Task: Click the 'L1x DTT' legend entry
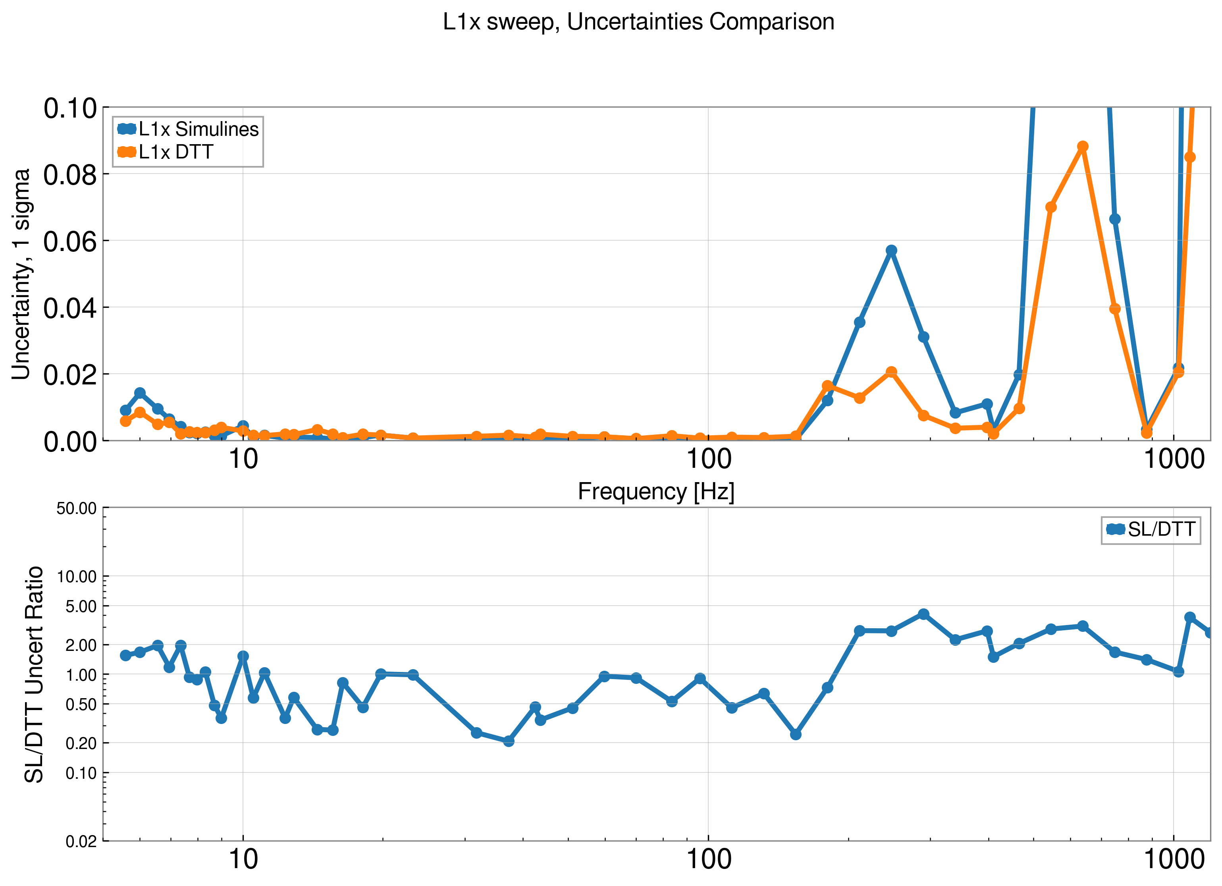tap(175, 152)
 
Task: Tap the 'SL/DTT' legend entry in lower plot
tap(1161, 529)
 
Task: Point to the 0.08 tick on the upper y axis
tap(70, 175)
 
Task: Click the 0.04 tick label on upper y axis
tap(70, 308)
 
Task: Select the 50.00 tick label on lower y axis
tap(77, 508)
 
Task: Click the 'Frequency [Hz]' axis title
tap(656, 492)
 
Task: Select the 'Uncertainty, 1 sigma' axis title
tap(21, 274)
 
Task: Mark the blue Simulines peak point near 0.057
tap(891, 251)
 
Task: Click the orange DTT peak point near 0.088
tap(1082, 147)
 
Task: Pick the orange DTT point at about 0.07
tap(1050, 207)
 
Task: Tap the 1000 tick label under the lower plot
tap(1174, 860)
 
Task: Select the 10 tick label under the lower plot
tap(243, 860)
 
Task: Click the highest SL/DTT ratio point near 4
tap(923, 614)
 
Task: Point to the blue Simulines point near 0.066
tap(1115, 219)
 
